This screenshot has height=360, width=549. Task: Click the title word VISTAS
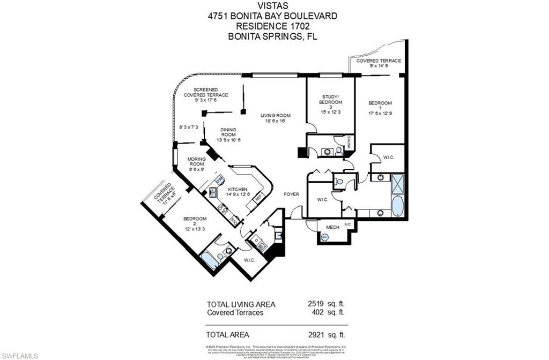tap(273, 6)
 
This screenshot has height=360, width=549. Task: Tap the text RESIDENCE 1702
tap(273, 26)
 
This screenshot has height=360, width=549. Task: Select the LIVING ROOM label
tap(276, 116)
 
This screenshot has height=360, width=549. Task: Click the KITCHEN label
tap(237, 190)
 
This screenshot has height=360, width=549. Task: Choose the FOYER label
tap(292, 194)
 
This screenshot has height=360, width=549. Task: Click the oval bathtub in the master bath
tap(397, 206)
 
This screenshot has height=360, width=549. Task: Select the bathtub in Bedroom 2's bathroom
tap(209, 261)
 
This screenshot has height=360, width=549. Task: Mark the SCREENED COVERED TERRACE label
tap(206, 92)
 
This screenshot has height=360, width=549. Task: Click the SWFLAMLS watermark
tap(19, 355)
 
